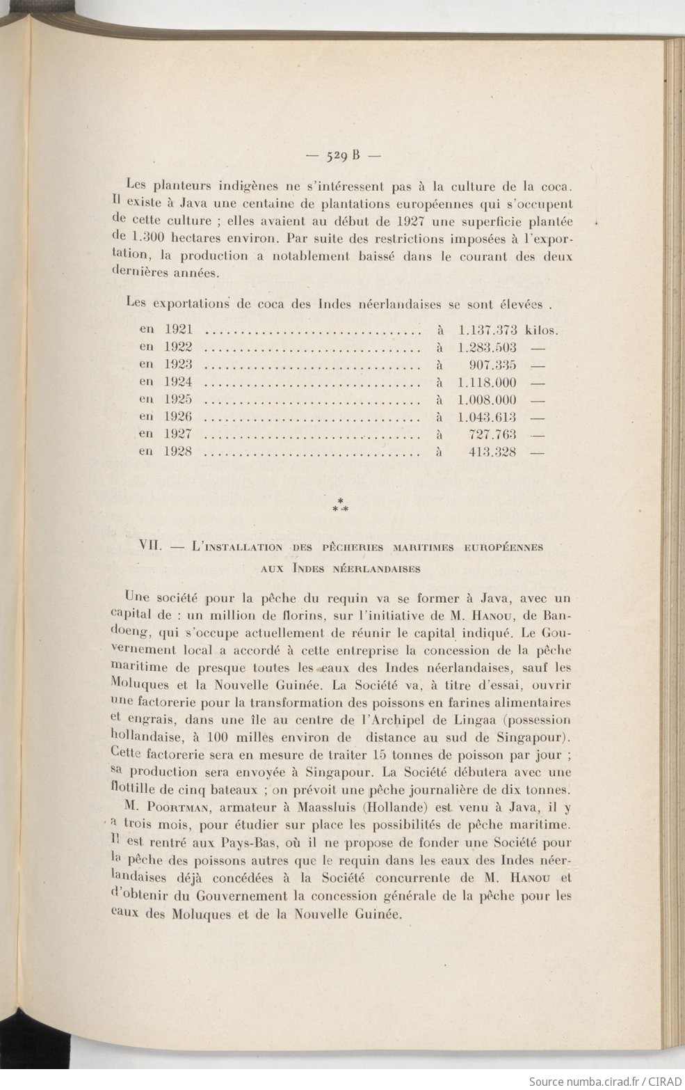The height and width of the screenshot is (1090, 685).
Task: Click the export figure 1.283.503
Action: (x=487, y=347)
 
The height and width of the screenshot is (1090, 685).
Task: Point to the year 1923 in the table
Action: (x=178, y=364)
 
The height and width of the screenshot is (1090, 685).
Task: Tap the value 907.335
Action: (x=494, y=364)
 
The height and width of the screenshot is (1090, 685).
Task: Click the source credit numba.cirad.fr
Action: (x=602, y=1081)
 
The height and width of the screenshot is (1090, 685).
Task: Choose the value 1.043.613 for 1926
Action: (x=487, y=417)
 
